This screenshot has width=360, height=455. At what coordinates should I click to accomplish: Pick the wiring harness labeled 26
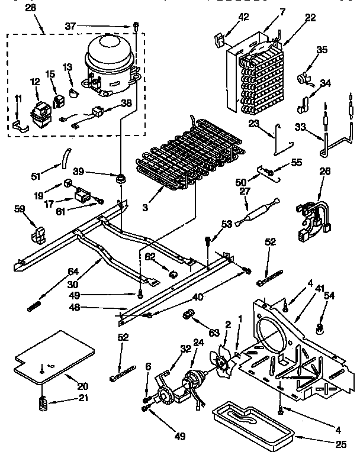click(x=313, y=219)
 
